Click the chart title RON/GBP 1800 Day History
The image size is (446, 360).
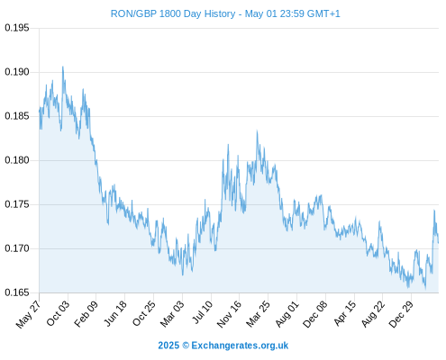173,13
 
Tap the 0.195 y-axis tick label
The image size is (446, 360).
17,28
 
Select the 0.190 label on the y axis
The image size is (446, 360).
17,72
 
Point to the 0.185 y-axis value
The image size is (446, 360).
17,116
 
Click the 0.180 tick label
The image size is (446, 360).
17,160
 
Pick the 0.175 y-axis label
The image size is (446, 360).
17,204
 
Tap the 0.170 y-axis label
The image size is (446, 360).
17,248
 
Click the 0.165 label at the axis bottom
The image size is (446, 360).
17,292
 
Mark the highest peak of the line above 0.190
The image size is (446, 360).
63,67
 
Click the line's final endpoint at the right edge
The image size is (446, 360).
438,242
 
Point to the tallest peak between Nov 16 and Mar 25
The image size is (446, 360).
257,130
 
